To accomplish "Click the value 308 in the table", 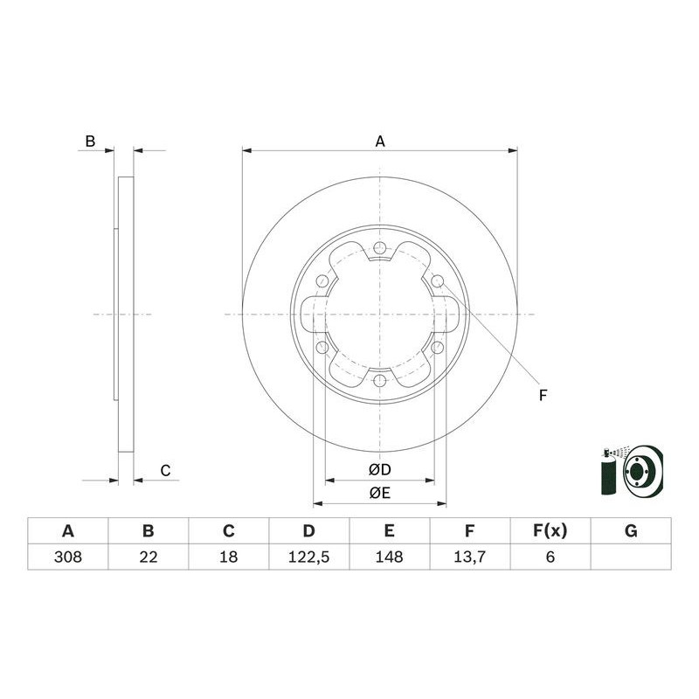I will tap(67, 557).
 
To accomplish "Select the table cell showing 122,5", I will tap(309, 557).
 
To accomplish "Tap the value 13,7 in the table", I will tap(470, 557).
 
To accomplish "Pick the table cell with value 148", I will tap(390, 557).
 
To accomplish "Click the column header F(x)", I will tap(550, 530).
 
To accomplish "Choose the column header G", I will tap(631, 530).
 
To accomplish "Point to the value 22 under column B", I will tap(148, 557).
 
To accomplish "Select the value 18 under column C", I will tap(228, 557).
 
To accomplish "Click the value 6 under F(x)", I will tap(550, 557).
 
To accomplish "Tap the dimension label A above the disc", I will tap(380, 141).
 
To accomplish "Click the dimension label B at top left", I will tap(89, 141).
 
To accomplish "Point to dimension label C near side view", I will tap(164, 471).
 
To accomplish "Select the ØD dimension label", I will tap(379, 470).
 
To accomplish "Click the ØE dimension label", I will tap(379, 494).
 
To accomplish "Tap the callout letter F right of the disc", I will tap(542, 396).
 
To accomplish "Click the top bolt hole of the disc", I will tap(380, 248).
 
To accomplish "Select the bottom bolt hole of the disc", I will tap(380, 381).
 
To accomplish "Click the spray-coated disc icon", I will tap(633, 474).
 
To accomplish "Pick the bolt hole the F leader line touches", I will tap(438, 281).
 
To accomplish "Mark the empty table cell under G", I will tap(631, 557).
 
